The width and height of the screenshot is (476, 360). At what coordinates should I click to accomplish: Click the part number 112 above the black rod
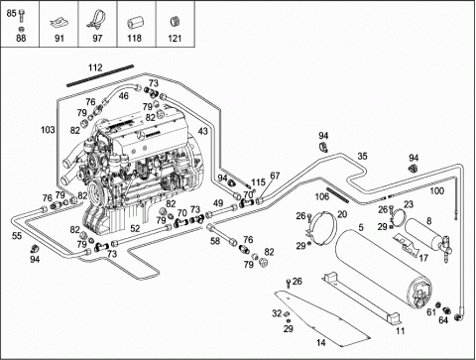click(95, 67)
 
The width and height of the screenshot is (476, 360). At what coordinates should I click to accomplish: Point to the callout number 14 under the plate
click(320, 343)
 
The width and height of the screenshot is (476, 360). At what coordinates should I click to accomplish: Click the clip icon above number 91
click(59, 24)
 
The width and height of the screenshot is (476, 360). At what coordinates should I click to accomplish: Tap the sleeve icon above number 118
click(134, 24)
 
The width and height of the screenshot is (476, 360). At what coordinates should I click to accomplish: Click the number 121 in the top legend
click(175, 39)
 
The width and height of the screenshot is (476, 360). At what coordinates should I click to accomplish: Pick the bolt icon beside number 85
click(22, 15)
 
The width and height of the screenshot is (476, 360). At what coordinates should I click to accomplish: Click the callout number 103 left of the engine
click(48, 130)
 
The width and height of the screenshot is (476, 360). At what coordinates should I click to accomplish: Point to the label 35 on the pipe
click(362, 156)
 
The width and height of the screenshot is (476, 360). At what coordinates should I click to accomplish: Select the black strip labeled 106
click(337, 195)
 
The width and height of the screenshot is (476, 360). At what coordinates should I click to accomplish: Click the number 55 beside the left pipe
click(17, 236)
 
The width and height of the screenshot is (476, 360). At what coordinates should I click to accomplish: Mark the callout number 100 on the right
click(436, 191)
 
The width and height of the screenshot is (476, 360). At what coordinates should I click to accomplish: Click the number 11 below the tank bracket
click(401, 330)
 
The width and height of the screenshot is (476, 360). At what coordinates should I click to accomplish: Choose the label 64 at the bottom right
click(443, 320)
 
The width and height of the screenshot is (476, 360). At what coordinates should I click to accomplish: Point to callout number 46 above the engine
click(124, 96)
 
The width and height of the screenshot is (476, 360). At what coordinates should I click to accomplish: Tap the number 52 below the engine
click(135, 228)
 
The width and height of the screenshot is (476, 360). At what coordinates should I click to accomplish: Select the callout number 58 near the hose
click(215, 241)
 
